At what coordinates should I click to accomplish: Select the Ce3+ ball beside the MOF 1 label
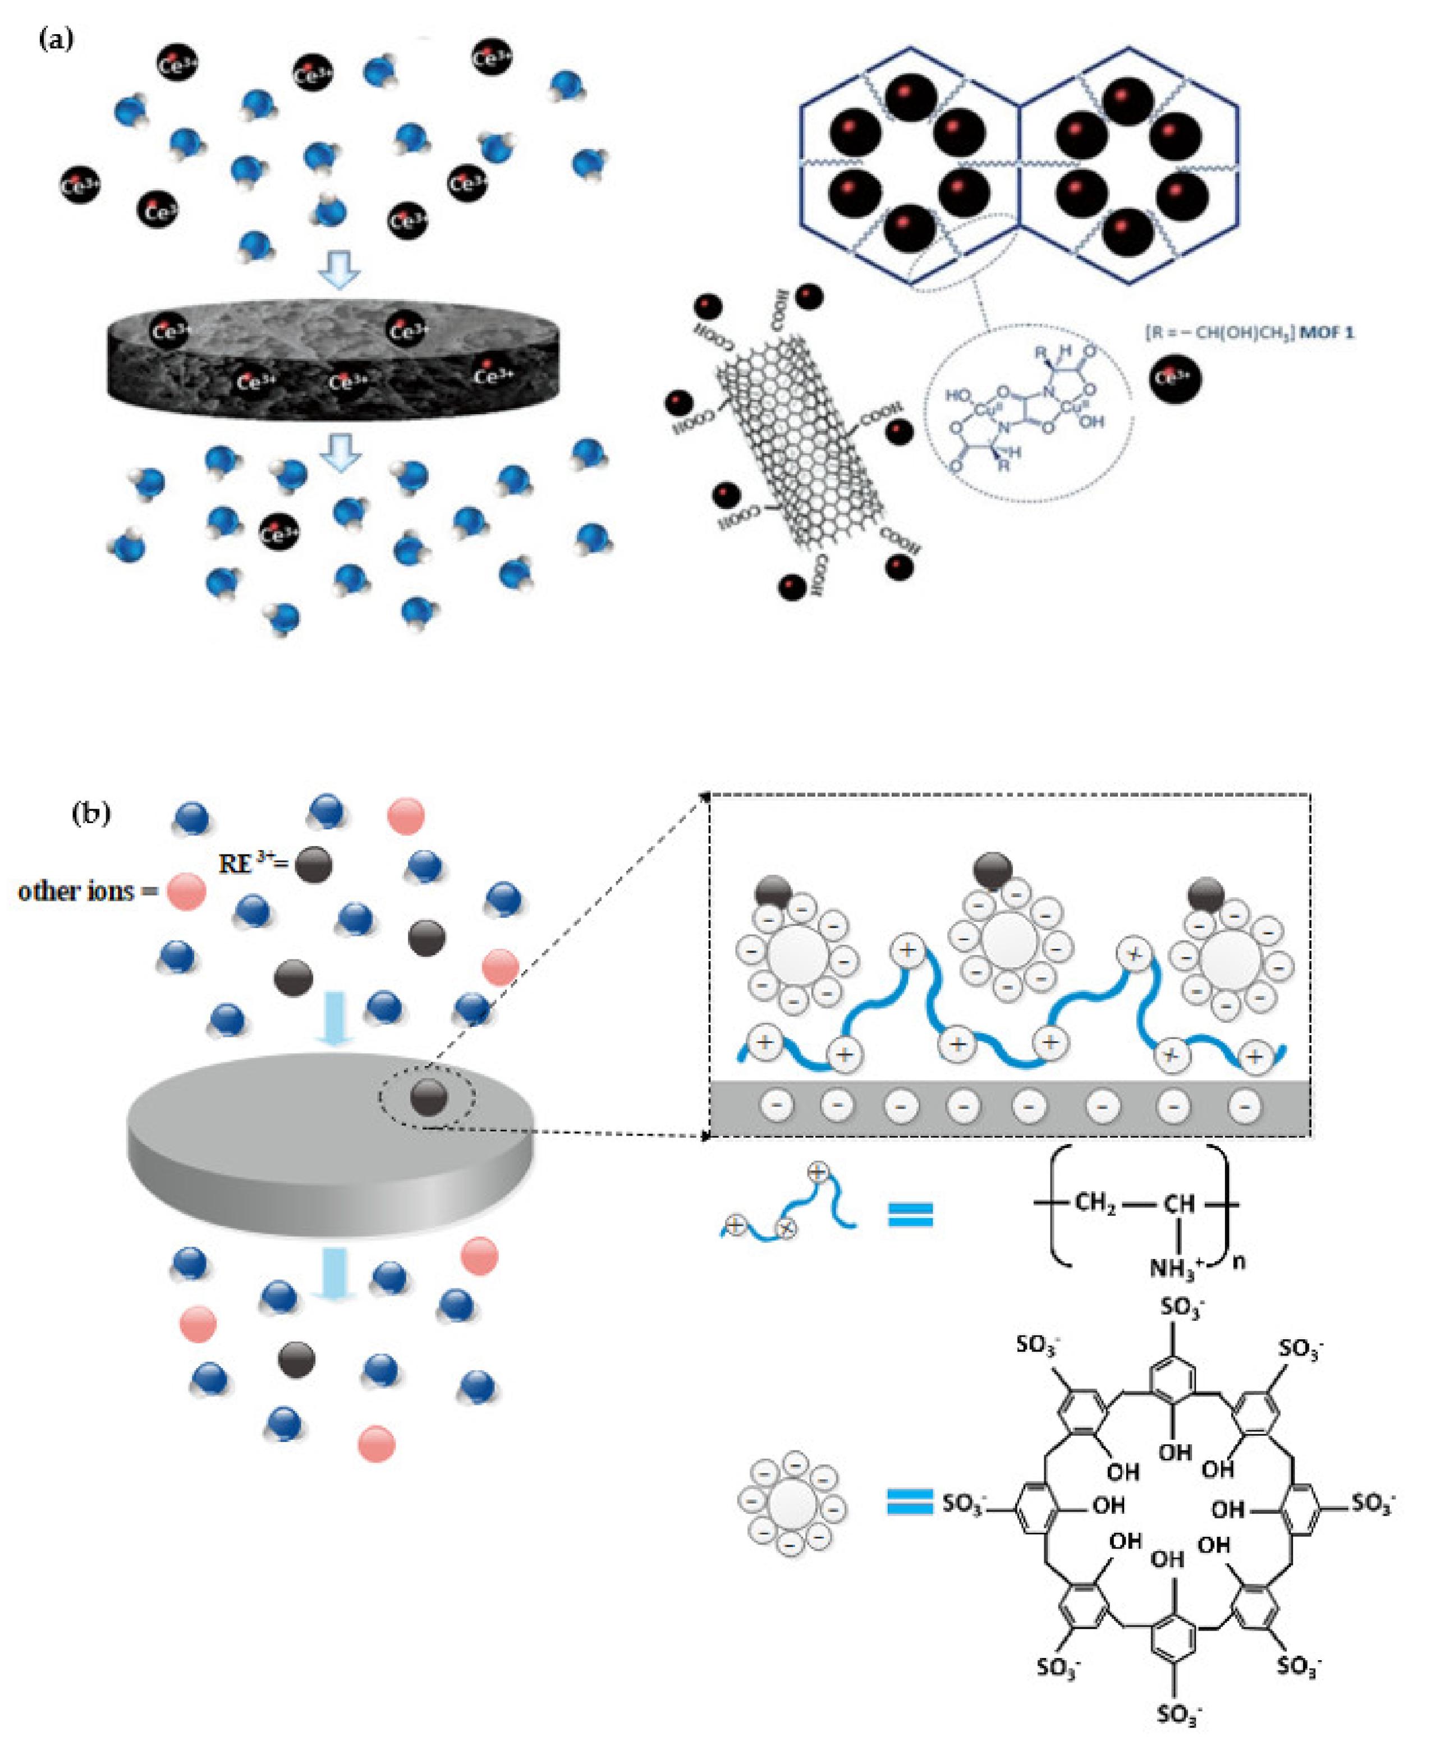coord(1175,378)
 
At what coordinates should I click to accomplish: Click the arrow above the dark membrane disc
coord(340,269)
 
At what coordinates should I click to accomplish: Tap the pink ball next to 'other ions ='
coord(187,892)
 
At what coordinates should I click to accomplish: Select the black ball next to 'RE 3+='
coord(314,865)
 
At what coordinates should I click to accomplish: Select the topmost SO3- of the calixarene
coord(1181,1308)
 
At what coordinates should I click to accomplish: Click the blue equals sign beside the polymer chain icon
coord(910,1215)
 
